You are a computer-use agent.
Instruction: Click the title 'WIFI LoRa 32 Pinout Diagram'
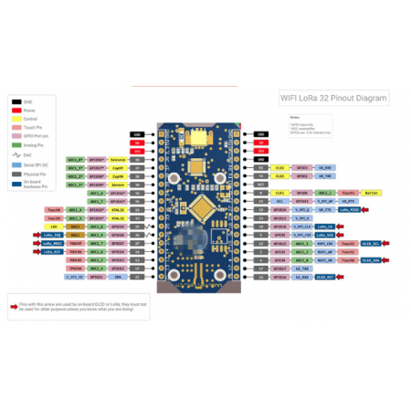coord(333,98)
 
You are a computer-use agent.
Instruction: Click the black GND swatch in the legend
coord(16,102)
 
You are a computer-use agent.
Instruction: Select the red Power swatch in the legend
coord(16,111)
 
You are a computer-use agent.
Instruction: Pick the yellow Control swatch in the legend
coord(16,119)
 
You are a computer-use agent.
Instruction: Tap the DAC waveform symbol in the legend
coord(16,155)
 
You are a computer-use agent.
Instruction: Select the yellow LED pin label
coord(53,227)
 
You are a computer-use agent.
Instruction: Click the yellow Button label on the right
coord(371,193)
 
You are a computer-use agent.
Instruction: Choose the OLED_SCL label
coord(370,244)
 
